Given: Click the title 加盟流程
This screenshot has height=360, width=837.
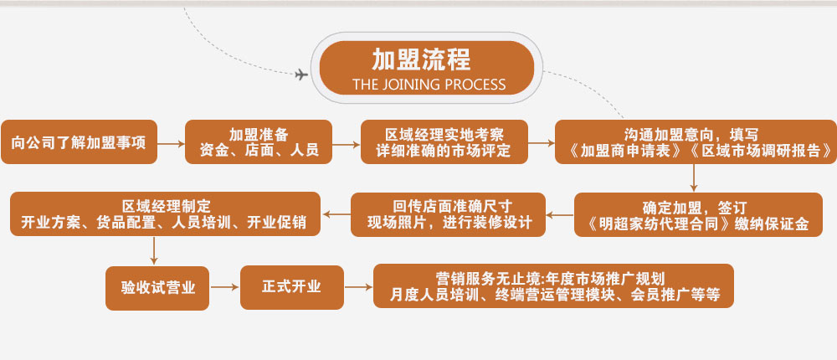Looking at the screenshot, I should (421, 59).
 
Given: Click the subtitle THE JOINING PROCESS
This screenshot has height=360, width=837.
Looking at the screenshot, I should (429, 84).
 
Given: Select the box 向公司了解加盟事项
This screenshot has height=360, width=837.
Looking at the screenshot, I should (80, 142).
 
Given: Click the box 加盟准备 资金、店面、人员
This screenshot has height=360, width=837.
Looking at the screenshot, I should (259, 142).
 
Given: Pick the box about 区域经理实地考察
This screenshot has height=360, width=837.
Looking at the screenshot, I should (444, 142).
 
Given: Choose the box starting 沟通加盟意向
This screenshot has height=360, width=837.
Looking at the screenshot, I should (696, 142).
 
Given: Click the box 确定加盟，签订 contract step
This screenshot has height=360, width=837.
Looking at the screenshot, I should (699, 215).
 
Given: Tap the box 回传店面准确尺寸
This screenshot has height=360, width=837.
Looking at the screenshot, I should (448, 214).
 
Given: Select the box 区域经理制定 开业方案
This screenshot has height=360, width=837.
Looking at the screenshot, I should (165, 214).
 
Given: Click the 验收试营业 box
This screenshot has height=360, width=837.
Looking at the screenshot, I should (158, 287).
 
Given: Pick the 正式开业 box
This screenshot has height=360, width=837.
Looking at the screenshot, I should (291, 287).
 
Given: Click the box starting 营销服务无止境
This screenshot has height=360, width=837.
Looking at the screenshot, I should (553, 287).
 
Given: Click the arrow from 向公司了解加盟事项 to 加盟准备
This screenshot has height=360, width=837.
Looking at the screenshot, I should (172, 143).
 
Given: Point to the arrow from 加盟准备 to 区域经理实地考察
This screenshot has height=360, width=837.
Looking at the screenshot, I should (347, 143).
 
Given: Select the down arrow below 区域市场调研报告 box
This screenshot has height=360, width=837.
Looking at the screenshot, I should (693, 177).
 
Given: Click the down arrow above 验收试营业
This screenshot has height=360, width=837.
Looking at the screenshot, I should (154, 251).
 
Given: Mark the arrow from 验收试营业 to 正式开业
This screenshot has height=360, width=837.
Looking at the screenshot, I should (223, 287).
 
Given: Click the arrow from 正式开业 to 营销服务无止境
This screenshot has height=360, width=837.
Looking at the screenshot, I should (358, 287).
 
